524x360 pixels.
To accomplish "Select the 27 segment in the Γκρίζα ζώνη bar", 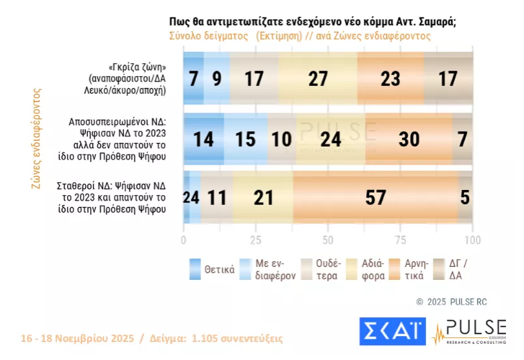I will coord(318,79).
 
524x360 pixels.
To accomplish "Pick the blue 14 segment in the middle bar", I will coord(203,139).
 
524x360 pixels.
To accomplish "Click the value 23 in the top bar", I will coord(390,79).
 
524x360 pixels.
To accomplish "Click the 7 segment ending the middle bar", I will coord(463,139).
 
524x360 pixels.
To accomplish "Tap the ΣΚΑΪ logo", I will coord(392,332).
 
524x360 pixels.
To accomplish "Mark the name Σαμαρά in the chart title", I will coord(435,21).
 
